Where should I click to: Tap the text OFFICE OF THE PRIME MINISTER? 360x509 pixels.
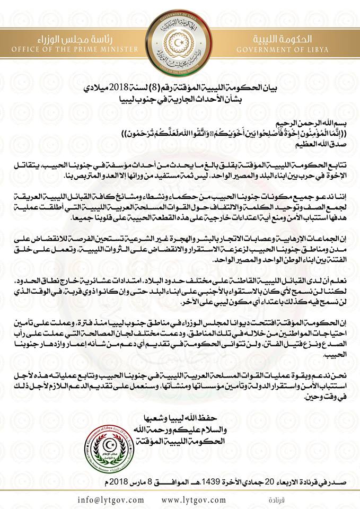[x=63, y=50]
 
